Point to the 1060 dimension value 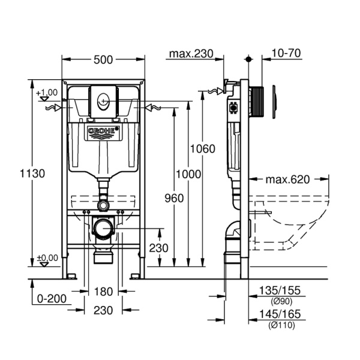point(202,149)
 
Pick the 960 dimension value point(173,197)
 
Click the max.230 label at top point(191,54)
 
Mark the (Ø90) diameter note point(281,301)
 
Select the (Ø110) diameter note point(281,325)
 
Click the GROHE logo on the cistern point(104,132)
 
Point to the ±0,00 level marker point(47,259)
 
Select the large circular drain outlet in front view point(104,229)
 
